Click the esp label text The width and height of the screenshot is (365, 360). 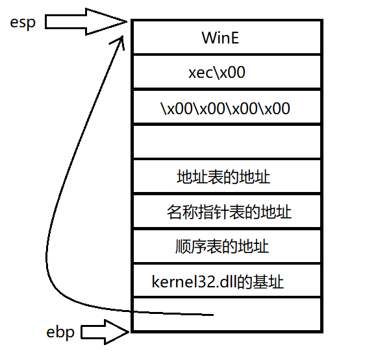(x=24, y=23)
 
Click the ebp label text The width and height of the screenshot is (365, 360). (x=61, y=332)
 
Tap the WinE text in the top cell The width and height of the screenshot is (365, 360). (x=220, y=38)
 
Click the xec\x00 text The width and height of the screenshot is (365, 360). (x=217, y=73)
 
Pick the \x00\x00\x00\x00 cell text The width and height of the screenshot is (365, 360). (x=225, y=108)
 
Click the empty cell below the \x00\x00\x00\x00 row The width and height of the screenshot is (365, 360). (x=227, y=141)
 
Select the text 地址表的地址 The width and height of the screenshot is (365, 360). (x=223, y=176)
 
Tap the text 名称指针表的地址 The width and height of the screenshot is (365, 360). (x=229, y=211)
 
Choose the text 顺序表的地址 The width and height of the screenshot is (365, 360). (x=222, y=246)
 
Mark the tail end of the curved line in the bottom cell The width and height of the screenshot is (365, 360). (x=213, y=315)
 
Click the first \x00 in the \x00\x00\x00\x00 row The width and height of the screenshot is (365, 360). (x=176, y=108)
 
